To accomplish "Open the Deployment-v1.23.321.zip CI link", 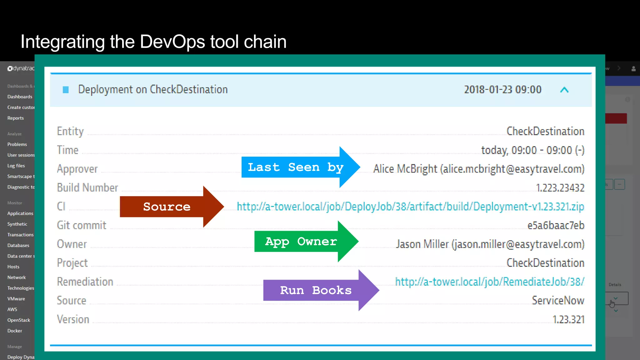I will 410,207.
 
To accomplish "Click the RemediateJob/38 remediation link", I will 489,282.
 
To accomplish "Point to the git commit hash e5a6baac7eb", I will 556,225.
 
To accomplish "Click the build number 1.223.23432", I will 560,188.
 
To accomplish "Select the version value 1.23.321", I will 568,319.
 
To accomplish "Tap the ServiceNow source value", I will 558,300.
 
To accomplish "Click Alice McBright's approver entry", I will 478,169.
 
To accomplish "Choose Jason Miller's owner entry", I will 490,244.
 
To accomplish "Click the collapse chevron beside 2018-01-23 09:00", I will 564,90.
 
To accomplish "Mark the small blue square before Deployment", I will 66,90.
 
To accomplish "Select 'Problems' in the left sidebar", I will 17,144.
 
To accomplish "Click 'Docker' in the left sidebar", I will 15,331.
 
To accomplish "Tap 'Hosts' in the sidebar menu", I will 13,267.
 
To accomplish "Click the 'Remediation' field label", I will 85,282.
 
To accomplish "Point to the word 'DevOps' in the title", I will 172,42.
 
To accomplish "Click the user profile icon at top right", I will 633,69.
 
